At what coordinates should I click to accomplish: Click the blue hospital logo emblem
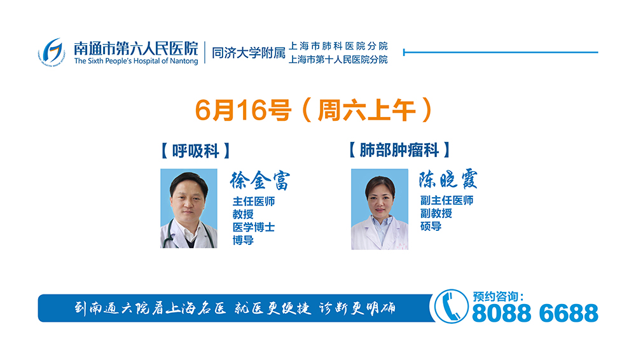(x=52, y=52)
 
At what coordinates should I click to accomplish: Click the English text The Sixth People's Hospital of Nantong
(x=136, y=61)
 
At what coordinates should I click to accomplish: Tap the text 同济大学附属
(x=249, y=53)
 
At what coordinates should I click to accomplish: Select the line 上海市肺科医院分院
(x=338, y=46)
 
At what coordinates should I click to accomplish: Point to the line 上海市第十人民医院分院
(x=338, y=60)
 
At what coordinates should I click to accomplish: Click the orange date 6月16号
(x=243, y=110)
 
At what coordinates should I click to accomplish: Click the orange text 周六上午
(x=367, y=110)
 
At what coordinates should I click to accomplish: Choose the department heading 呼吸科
(x=195, y=151)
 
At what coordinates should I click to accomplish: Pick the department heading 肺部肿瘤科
(x=399, y=150)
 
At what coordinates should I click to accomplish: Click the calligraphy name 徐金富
(x=260, y=180)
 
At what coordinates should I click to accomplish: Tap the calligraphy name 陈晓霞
(x=448, y=179)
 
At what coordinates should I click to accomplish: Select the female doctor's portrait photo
(x=380, y=209)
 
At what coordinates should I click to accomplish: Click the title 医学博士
(x=254, y=227)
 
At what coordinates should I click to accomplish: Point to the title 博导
(x=243, y=240)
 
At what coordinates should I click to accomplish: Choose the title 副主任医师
(x=446, y=200)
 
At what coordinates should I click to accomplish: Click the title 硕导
(x=431, y=226)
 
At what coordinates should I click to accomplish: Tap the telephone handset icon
(x=451, y=307)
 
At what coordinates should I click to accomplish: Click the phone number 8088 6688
(x=535, y=314)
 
